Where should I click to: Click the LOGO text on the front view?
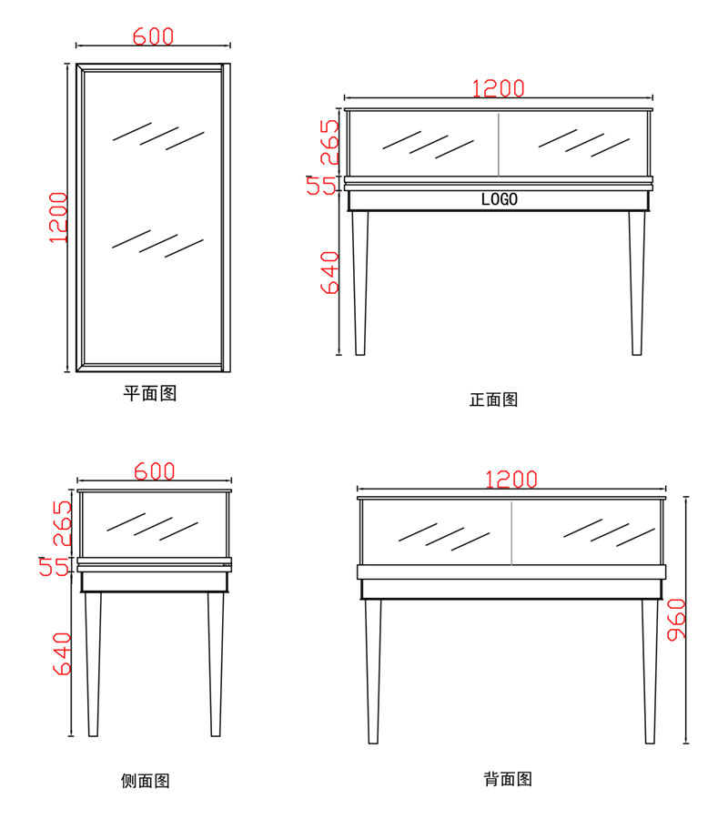499,199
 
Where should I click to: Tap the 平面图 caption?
149,393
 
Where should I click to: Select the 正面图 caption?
493,399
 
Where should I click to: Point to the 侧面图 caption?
146,780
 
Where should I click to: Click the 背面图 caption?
508,779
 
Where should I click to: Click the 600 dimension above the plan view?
153,36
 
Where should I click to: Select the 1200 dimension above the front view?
498,87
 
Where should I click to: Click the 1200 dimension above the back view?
511,480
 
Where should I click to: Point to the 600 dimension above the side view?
155,471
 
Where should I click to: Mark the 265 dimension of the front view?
329,142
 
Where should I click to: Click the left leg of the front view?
360,282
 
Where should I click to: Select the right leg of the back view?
650,669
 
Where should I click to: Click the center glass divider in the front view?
499,144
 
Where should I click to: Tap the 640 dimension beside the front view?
329,273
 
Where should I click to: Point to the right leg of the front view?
637,282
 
